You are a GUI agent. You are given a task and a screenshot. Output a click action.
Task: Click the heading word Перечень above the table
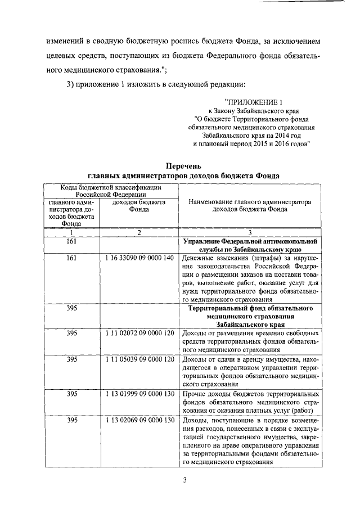(x=183, y=165)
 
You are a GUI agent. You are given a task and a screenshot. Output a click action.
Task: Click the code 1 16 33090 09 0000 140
(x=139, y=258)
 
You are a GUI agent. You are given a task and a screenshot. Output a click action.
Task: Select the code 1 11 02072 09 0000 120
(x=139, y=334)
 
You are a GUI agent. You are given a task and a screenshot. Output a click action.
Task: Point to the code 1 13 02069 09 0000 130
(x=139, y=421)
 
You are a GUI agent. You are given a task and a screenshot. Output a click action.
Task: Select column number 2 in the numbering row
(x=139, y=232)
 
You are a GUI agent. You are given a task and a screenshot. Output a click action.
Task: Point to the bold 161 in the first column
(x=71, y=241)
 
